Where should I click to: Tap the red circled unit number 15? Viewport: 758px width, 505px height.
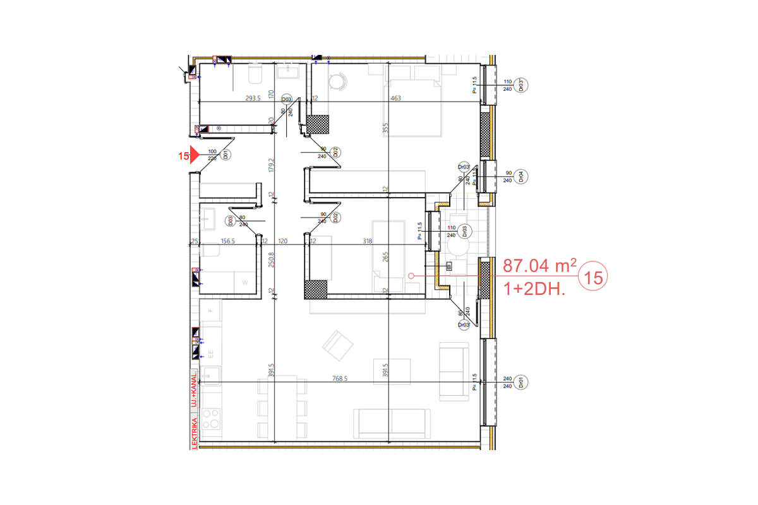593,276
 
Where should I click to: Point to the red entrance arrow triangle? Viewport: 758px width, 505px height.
194,155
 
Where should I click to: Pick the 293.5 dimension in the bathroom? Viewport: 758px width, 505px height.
254,98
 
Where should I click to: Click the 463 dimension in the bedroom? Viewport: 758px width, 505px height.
396,98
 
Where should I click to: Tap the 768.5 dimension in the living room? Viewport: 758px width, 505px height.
342,379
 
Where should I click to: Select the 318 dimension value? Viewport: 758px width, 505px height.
368,241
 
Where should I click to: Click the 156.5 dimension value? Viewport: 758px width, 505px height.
228,241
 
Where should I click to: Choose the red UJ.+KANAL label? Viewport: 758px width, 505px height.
195,390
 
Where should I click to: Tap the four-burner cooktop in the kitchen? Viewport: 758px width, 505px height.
211,418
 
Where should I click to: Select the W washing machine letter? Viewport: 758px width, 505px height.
245,282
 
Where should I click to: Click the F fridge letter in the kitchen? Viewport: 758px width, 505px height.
211,311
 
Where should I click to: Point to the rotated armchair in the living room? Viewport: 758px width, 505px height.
335,345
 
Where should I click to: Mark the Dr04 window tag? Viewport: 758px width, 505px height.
522,176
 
